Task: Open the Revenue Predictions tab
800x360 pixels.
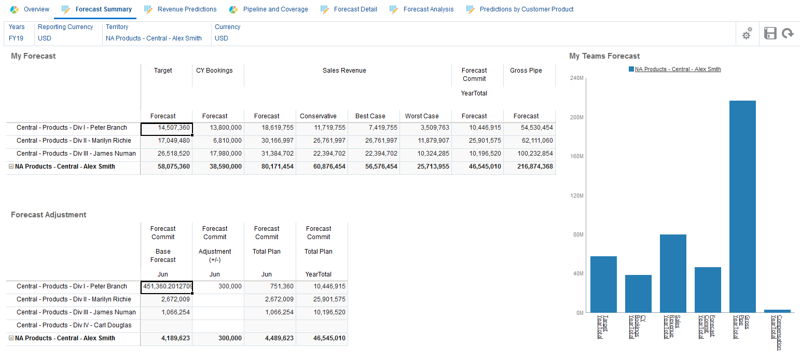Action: click(x=187, y=9)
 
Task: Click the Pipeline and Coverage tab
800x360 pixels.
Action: click(x=275, y=9)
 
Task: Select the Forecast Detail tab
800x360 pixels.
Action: click(x=355, y=9)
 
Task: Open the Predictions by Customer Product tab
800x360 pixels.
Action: click(x=526, y=9)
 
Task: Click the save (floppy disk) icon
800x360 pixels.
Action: click(x=770, y=34)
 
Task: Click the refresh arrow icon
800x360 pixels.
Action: click(x=788, y=34)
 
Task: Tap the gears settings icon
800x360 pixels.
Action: click(x=747, y=34)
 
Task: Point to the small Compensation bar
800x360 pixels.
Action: click(x=777, y=311)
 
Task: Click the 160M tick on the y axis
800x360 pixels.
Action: click(x=577, y=156)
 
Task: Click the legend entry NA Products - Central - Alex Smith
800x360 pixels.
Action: click(x=678, y=69)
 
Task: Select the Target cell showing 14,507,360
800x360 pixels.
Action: click(x=167, y=128)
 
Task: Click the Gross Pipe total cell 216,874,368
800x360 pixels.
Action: click(x=529, y=167)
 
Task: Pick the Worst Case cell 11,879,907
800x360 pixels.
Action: click(x=426, y=141)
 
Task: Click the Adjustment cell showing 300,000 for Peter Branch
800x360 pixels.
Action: click(x=218, y=286)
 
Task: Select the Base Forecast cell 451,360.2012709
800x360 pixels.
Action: click(x=167, y=286)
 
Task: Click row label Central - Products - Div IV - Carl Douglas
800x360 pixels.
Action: click(x=74, y=325)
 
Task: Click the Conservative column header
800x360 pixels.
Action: click(x=318, y=116)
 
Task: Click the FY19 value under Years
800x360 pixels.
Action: click(x=16, y=38)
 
